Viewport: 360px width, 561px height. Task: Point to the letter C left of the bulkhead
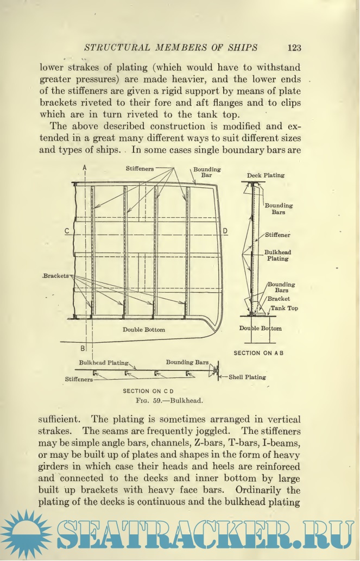click(x=66, y=231)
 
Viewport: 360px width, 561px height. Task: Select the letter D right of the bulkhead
click(x=225, y=231)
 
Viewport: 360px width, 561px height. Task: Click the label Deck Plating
click(x=266, y=176)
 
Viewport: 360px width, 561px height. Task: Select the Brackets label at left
click(x=56, y=276)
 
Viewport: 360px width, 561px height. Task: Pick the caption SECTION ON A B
click(x=258, y=353)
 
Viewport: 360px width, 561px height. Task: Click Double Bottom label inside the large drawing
click(x=143, y=330)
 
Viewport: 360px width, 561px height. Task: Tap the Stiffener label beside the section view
click(x=277, y=235)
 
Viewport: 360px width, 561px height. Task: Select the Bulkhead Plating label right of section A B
click(x=277, y=256)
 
